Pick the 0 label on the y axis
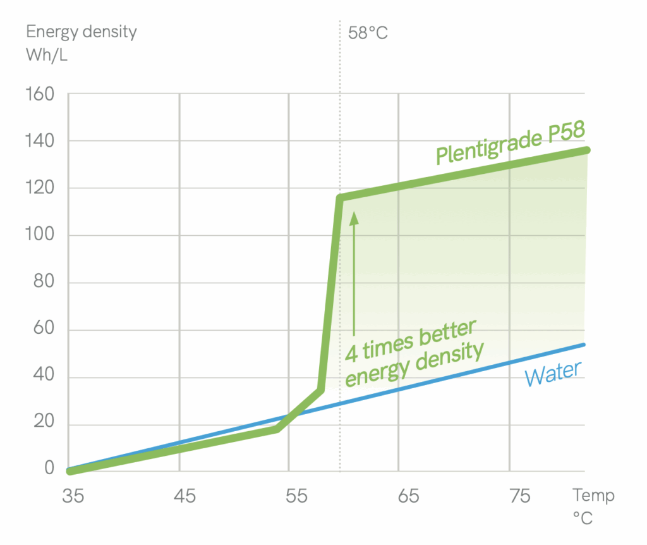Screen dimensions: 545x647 click(x=49, y=468)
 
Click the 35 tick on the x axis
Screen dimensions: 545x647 click(x=73, y=496)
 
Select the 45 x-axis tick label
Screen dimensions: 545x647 click(x=184, y=496)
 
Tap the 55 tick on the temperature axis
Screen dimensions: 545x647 click(x=296, y=496)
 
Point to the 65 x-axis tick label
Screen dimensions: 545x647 click(x=408, y=496)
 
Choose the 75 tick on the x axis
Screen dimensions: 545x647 click(x=519, y=496)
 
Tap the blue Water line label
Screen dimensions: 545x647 click(x=552, y=374)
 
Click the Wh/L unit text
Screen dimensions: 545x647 click(x=47, y=55)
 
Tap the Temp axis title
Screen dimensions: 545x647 click(x=593, y=495)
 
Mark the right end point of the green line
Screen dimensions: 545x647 click(x=587, y=150)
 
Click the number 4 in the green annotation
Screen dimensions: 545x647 click(x=351, y=353)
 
